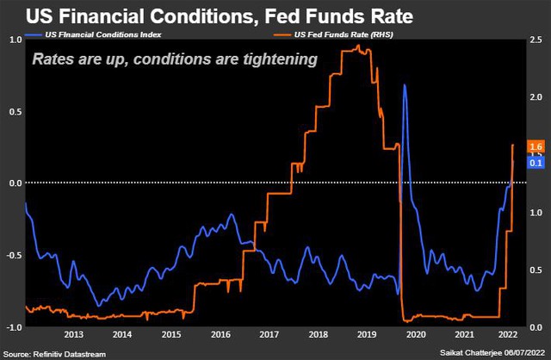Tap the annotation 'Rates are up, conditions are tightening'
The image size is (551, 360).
click(x=175, y=59)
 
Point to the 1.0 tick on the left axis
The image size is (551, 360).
click(x=15, y=40)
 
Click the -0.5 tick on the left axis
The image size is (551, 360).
click(x=14, y=255)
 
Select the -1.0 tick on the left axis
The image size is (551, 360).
click(x=14, y=327)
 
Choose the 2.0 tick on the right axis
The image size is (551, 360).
click(x=536, y=97)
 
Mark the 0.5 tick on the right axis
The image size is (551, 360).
click(x=536, y=270)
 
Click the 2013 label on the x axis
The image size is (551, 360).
click(x=73, y=334)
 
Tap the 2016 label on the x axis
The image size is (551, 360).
click(x=220, y=334)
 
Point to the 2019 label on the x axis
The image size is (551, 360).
click(x=368, y=334)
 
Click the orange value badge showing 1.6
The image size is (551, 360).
click(x=536, y=148)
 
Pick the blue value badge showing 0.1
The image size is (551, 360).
click(x=536, y=162)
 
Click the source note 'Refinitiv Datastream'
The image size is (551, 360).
click(x=68, y=353)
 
